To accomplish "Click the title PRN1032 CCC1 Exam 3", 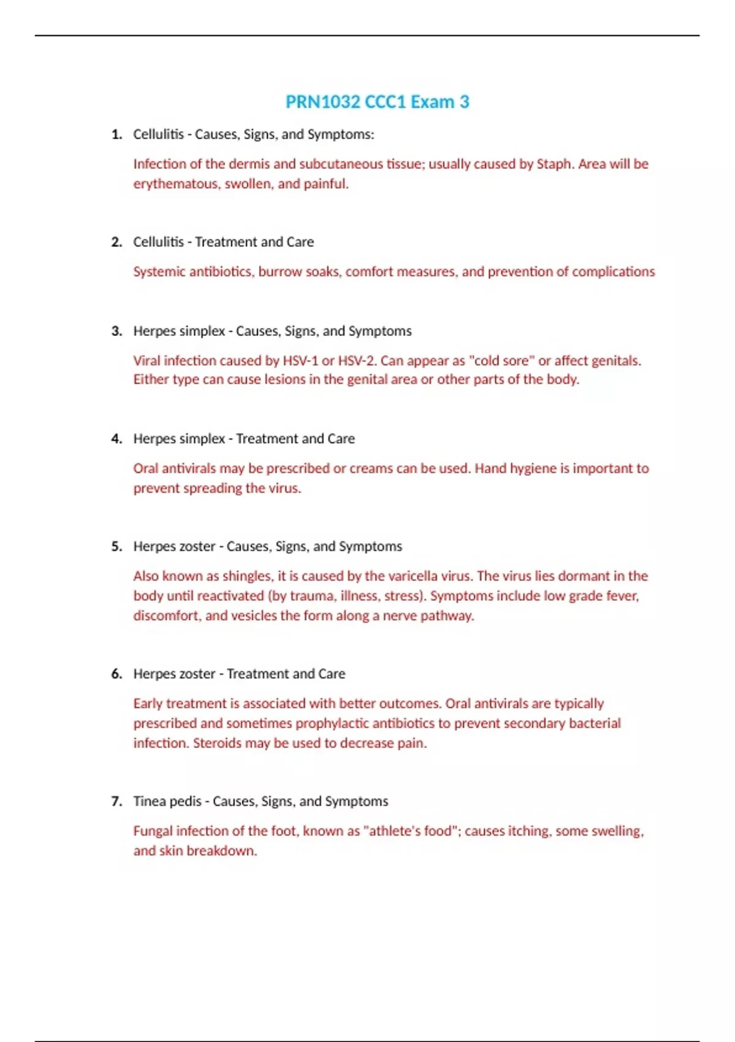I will coord(377,102).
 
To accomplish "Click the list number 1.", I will coord(116,135).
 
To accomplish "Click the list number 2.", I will coord(116,242).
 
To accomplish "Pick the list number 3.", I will coord(116,332).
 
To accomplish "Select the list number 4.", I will coord(116,439).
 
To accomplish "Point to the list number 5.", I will coord(116,547).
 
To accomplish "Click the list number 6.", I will coord(116,674).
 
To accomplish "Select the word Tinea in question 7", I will coord(149,802).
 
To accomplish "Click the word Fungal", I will coord(153,831).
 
